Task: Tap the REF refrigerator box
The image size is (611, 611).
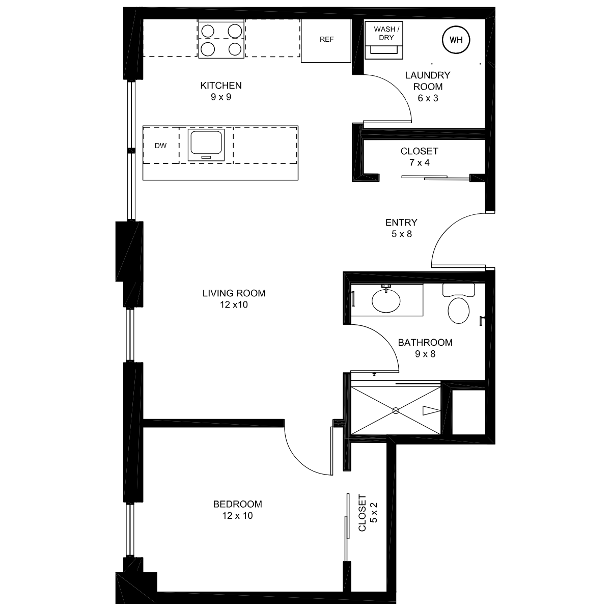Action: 326,40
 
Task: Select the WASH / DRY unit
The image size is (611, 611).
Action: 384,40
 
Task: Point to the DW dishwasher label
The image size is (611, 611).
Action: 160,146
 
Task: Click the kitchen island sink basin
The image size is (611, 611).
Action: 206,143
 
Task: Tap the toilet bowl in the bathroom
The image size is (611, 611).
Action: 458,311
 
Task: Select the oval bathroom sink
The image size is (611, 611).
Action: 386,300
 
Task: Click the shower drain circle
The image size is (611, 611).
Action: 396,410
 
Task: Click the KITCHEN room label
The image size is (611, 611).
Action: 221,86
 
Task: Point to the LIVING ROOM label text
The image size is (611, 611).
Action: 234,293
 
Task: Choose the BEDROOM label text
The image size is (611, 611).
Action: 237,504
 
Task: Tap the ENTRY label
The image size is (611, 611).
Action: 401,223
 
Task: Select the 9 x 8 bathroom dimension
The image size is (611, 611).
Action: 425,354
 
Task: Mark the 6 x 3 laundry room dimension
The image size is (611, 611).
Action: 428,98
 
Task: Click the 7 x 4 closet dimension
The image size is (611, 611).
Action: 419,162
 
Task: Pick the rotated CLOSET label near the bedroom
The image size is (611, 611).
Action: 362,513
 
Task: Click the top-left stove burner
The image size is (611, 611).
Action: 208,31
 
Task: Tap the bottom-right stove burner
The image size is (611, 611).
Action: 235,49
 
